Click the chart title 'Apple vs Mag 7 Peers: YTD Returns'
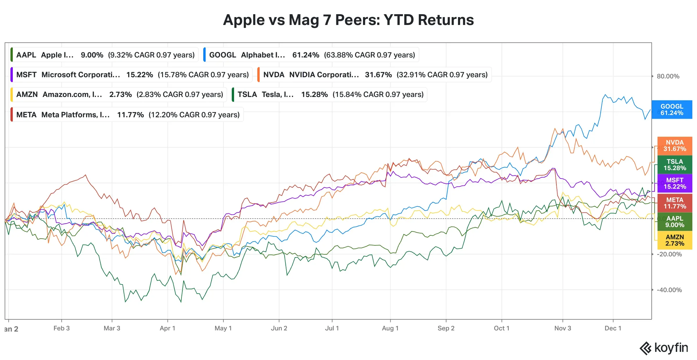(348, 20)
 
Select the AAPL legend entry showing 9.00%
(105, 55)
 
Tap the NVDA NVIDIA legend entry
(375, 75)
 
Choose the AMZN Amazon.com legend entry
(119, 94)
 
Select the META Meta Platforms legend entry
(127, 115)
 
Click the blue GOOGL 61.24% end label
(672, 110)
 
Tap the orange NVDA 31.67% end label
(675, 146)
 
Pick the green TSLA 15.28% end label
(675, 165)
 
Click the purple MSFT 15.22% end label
(675, 183)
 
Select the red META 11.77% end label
(675, 203)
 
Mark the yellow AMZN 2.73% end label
(675, 240)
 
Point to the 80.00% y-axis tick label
(668, 76)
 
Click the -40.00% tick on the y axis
(669, 290)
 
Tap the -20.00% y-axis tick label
(669, 254)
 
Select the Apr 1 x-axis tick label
(168, 328)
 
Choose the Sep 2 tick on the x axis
(446, 328)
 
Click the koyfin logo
(664, 348)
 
